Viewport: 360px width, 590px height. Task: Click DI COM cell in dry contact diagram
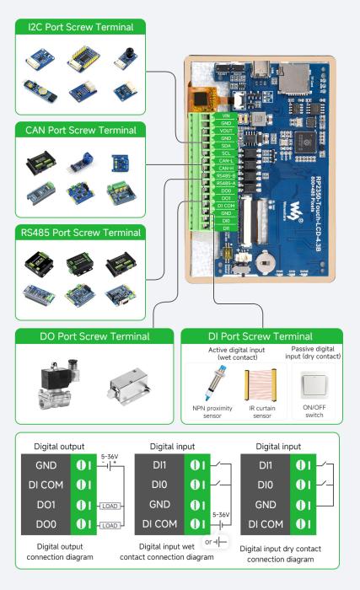click(266, 525)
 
